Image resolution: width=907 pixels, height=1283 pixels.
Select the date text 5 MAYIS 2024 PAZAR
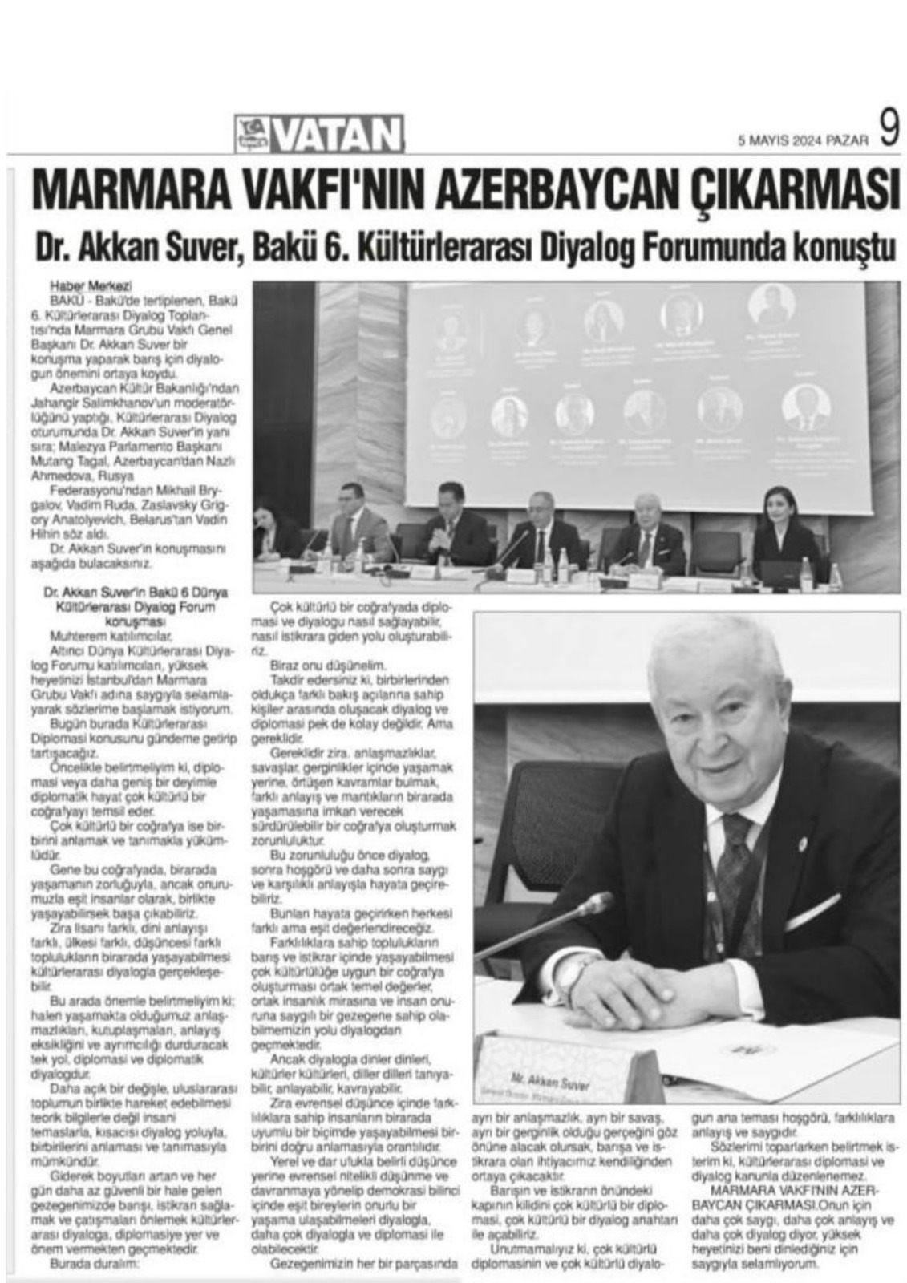point(803,139)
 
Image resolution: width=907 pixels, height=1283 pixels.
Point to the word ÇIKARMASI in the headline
point(790,188)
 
